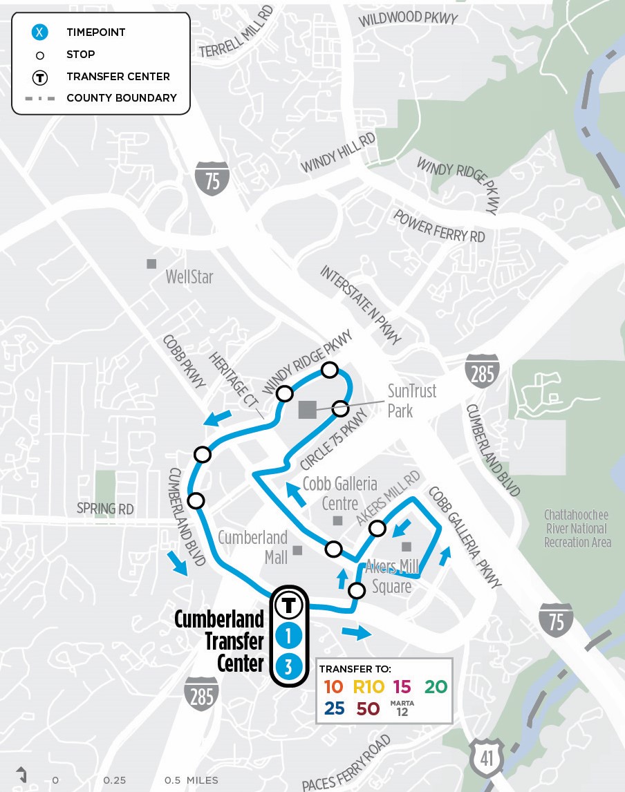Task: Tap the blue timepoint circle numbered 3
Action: pos(289,667)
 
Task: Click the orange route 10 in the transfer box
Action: pos(333,687)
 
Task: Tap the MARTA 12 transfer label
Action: pos(402,708)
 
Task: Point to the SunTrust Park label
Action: pos(411,401)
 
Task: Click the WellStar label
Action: pos(189,277)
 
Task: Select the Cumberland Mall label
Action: pos(252,546)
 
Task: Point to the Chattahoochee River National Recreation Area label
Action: pos(577,529)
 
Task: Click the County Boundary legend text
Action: pos(122,98)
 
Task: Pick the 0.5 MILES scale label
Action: pos(191,780)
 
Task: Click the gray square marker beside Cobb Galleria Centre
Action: pos(337,520)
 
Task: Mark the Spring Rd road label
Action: pos(106,509)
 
